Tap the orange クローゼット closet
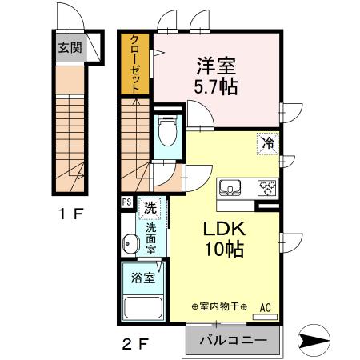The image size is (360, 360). pyautogui.click(x=135, y=64)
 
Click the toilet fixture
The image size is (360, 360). pyautogui.click(x=167, y=131)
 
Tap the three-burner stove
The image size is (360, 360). pyautogui.click(x=266, y=188)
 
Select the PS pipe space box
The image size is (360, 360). pyautogui.click(x=127, y=202)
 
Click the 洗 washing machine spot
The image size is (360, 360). pyautogui.click(x=149, y=208)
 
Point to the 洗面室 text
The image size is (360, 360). pyautogui.click(x=150, y=237)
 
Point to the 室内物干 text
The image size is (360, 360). pyautogui.click(x=220, y=307)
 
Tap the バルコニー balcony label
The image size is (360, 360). pyautogui.click(x=233, y=341)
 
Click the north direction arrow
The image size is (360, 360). pyautogui.click(x=314, y=340)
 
